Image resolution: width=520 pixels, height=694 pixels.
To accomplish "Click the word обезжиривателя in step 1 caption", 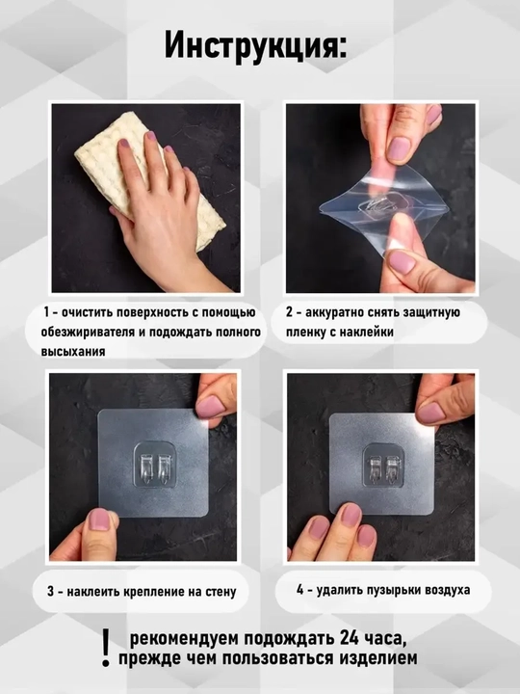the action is (87, 332).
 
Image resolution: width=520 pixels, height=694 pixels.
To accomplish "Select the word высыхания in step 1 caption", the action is (73, 352).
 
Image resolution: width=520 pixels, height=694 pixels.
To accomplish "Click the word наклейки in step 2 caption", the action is (366, 332).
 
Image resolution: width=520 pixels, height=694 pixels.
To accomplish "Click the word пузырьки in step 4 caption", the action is (395, 590).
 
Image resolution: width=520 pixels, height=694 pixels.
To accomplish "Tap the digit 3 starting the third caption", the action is (51, 592).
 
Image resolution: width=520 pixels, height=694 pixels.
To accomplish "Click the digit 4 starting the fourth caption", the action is (300, 590).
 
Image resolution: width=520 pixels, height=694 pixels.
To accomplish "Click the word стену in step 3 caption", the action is (221, 592).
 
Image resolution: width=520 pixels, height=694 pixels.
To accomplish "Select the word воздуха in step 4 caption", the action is (448, 591).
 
